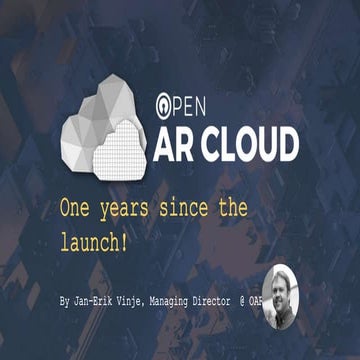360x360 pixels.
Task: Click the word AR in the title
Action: [177, 144]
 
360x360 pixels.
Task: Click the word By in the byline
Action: [66, 300]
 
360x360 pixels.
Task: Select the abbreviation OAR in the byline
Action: [288, 300]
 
